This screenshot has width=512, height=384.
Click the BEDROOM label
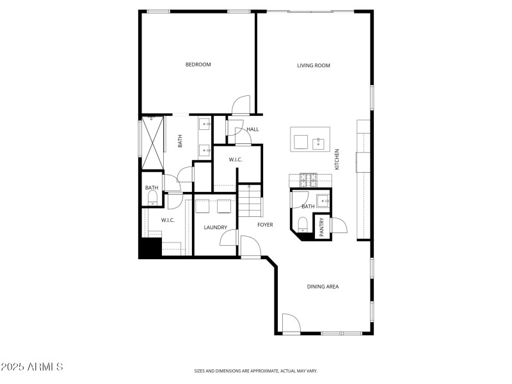[x=198, y=65]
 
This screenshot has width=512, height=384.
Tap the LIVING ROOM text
[x=314, y=65]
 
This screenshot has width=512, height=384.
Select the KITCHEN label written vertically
[x=337, y=159]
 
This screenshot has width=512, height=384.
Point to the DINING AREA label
[x=322, y=287]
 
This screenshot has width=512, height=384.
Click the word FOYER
[x=265, y=225]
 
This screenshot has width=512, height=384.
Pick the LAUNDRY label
[x=216, y=227]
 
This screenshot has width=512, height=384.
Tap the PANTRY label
[x=322, y=226]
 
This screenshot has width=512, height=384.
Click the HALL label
[x=253, y=129]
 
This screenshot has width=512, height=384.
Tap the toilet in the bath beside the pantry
[x=303, y=223]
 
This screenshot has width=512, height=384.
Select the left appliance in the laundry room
[x=204, y=206]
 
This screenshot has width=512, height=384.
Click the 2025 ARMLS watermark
[x=32, y=367]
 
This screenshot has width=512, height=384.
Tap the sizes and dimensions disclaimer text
[x=256, y=371]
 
